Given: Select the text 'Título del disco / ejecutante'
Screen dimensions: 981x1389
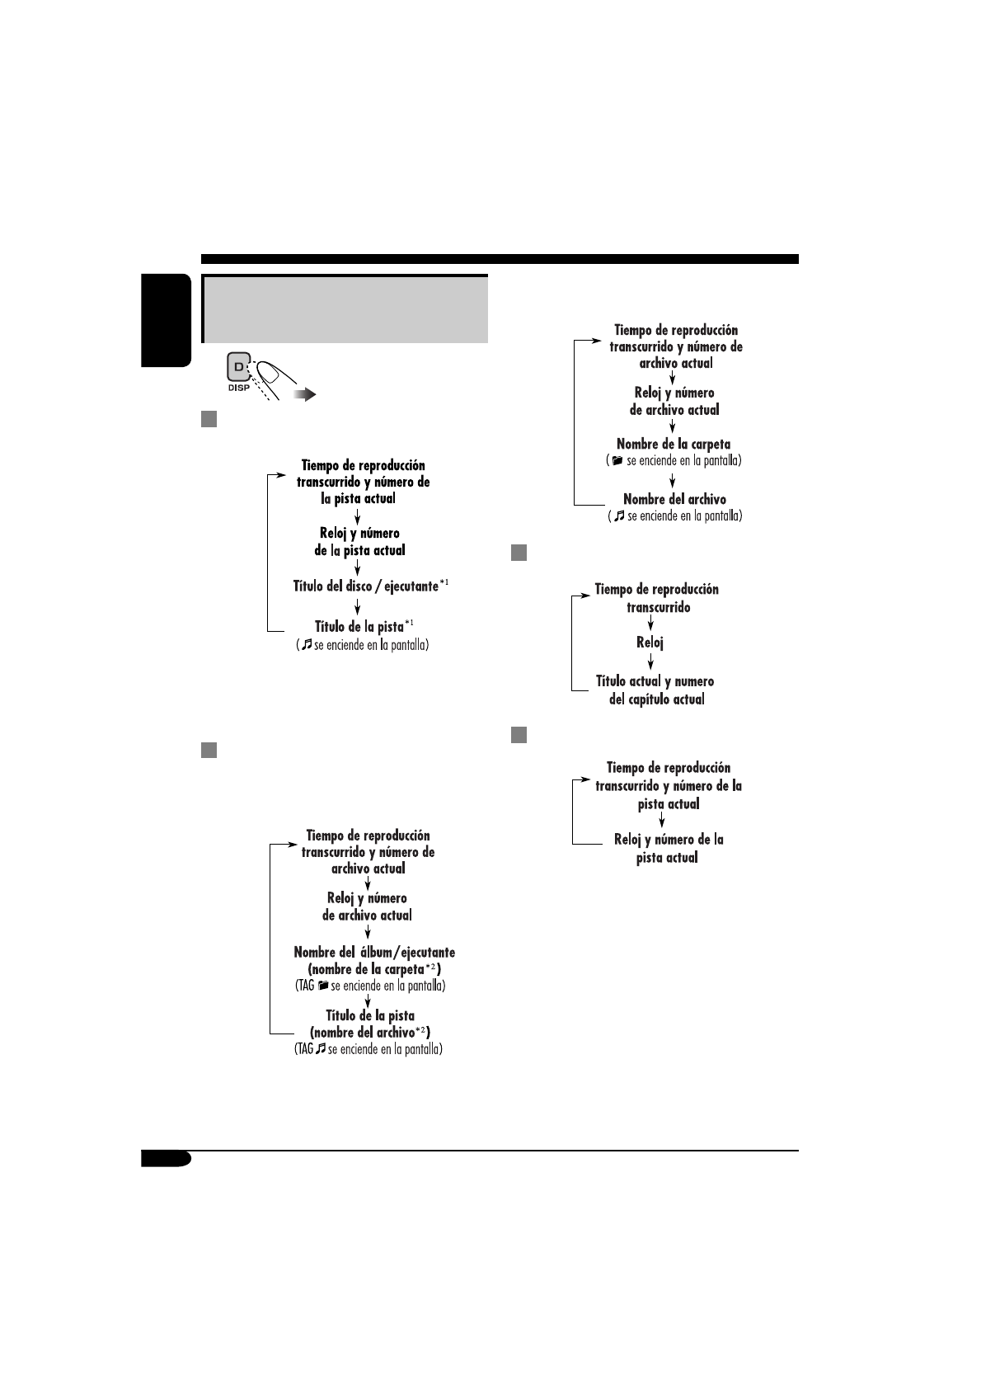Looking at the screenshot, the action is pyautogui.click(x=366, y=586).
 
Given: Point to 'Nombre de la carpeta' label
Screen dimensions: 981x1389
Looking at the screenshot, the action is pyautogui.click(x=673, y=444).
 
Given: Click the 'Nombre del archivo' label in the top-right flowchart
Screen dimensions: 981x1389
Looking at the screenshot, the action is pyautogui.click(x=674, y=499).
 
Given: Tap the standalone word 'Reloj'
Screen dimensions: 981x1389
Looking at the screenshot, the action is pyautogui.click(x=650, y=643).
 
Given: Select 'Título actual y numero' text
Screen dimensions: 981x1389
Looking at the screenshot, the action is pyautogui.click(x=655, y=681).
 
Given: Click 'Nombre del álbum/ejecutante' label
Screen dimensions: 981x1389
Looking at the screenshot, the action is pyautogui.click(x=374, y=952).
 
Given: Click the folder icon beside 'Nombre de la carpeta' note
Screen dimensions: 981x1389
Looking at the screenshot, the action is pyautogui.click(x=617, y=461).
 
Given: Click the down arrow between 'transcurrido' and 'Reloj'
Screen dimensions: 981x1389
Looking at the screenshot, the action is pyautogui.click(x=650, y=624).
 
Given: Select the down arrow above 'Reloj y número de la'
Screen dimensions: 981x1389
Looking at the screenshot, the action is pyautogui.click(x=662, y=822).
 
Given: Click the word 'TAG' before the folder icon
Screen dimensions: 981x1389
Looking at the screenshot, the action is pyautogui.click(x=304, y=986).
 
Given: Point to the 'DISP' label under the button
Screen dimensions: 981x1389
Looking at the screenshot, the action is pyautogui.click(x=238, y=386).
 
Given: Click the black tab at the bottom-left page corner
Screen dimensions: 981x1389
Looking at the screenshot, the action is pyautogui.click(x=166, y=1159).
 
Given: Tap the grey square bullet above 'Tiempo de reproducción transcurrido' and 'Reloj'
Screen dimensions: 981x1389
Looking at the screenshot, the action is pyautogui.click(x=518, y=553).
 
